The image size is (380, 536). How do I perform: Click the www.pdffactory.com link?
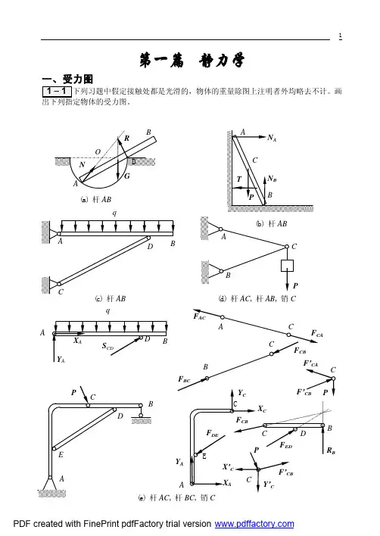[x=254, y=524]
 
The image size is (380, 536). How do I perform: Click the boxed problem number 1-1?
[x=57, y=92]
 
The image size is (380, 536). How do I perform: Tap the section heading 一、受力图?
[x=67, y=79]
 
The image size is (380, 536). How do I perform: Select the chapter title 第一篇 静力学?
[x=192, y=61]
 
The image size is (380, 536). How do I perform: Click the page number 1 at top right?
[x=340, y=36]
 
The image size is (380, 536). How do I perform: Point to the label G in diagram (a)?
[x=126, y=176]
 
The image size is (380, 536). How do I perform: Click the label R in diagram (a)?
[x=126, y=138]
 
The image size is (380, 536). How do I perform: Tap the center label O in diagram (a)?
[x=98, y=151]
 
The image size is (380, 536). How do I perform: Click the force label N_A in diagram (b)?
[x=272, y=138]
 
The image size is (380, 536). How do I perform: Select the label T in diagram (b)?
[x=239, y=179]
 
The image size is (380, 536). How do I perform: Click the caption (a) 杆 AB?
[x=96, y=199]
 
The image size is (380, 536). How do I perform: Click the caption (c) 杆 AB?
[x=111, y=298]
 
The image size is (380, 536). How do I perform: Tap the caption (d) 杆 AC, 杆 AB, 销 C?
[x=257, y=298]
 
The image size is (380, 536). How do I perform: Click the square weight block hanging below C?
[x=287, y=266]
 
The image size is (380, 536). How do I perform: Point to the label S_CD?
[x=107, y=346]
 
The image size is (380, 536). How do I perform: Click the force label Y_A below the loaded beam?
[x=61, y=360]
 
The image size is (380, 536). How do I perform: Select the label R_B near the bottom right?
[x=331, y=450]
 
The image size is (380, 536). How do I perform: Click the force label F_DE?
[x=212, y=434]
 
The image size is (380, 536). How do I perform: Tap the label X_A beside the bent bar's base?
[x=227, y=483]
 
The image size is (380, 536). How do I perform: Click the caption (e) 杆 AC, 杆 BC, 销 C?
[x=176, y=497]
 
